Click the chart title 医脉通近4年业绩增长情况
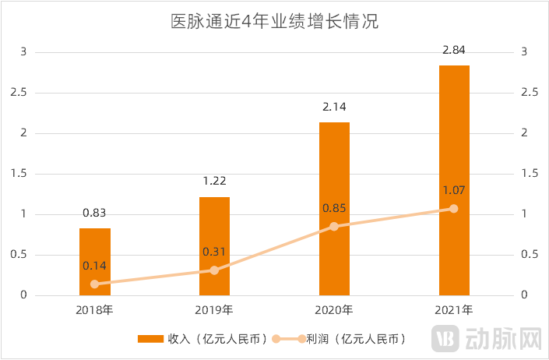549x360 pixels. [x=274, y=21]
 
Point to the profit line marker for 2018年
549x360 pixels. [x=95, y=284]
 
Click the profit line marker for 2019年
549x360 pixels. [x=214, y=270]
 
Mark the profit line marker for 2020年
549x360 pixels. [x=334, y=226]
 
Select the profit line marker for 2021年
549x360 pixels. [x=454, y=208]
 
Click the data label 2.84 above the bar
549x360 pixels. [x=454, y=51]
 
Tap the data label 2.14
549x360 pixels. [x=334, y=108]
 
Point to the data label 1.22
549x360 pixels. [x=214, y=182]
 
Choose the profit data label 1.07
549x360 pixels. [x=454, y=189]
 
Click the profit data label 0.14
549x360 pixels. [x=95, y=265]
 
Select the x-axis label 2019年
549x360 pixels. [x=214, y=310]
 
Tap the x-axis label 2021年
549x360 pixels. [x=454, y=310]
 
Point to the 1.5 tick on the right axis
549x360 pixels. [x=529, y=173]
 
